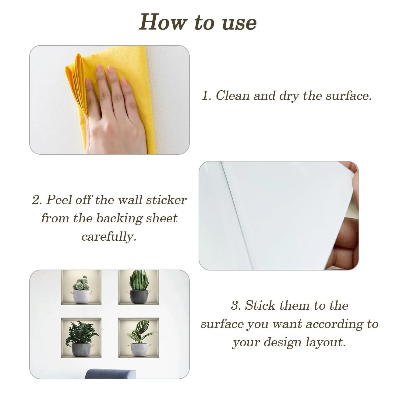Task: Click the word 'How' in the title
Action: click(x=163, y=22)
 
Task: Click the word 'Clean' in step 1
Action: click(x=233, y=95)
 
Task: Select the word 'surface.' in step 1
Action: click(x=349, y=95)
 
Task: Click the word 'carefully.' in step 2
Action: click(x=109, y=237)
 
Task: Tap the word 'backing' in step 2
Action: click(x=119, y=218)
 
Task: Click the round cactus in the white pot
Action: click(x=81, y=283)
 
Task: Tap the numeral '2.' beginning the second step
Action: click(x=37, y=200)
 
